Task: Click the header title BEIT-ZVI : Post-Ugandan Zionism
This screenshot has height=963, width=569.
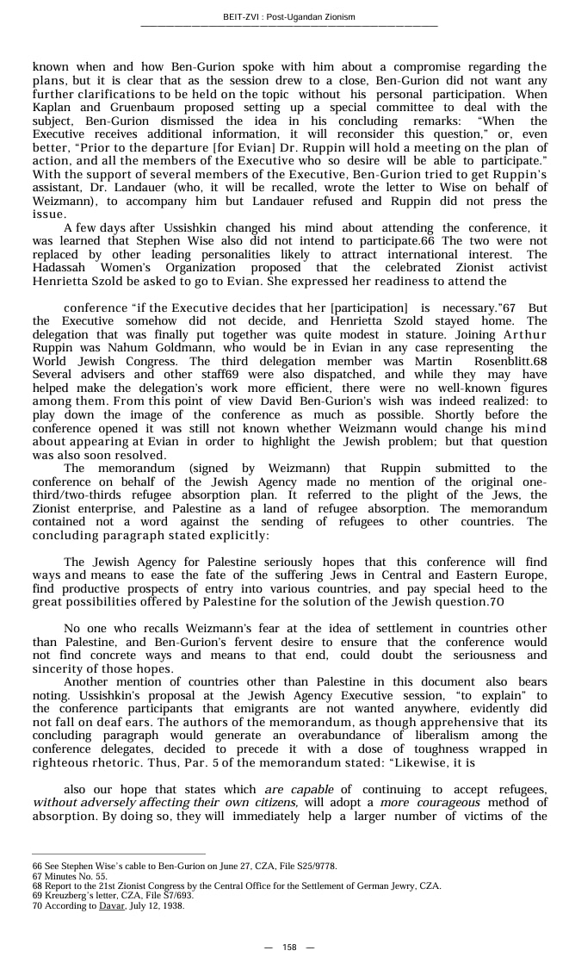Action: tap(288, 17)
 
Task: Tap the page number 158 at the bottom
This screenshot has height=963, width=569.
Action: tap(289, 947)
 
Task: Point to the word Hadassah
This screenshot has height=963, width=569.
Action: tap(61, 268)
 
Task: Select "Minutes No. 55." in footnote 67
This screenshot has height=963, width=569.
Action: tap(70, 876)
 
